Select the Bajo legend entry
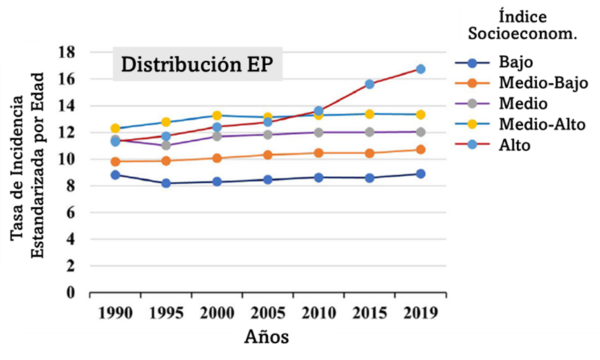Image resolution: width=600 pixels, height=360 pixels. [516, 62]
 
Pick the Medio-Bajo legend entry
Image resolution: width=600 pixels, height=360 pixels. [543, 82]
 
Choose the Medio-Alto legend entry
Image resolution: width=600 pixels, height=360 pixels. [543, 124]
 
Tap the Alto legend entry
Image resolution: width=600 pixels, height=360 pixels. [515, 145]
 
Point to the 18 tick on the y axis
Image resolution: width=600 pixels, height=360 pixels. [66, 52]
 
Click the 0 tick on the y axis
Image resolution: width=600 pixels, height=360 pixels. [71, 293]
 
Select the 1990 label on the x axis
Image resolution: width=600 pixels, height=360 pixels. [115, 313]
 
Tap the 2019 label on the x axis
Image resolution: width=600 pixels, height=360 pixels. [420, 313]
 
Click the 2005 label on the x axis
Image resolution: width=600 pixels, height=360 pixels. [268, 313]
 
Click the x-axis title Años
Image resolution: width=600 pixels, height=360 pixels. [266, 338]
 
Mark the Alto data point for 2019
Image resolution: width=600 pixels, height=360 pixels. [420, 69]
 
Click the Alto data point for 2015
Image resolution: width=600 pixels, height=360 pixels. [369, 84]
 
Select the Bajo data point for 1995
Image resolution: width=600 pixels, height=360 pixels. [166, 183]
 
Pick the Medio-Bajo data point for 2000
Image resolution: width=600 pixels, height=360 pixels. [217, 158]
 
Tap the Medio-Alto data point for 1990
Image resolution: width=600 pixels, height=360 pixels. [115, 129]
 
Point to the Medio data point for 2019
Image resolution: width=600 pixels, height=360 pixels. [420, 131]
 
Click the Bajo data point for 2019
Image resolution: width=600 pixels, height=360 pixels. [420, 174]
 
